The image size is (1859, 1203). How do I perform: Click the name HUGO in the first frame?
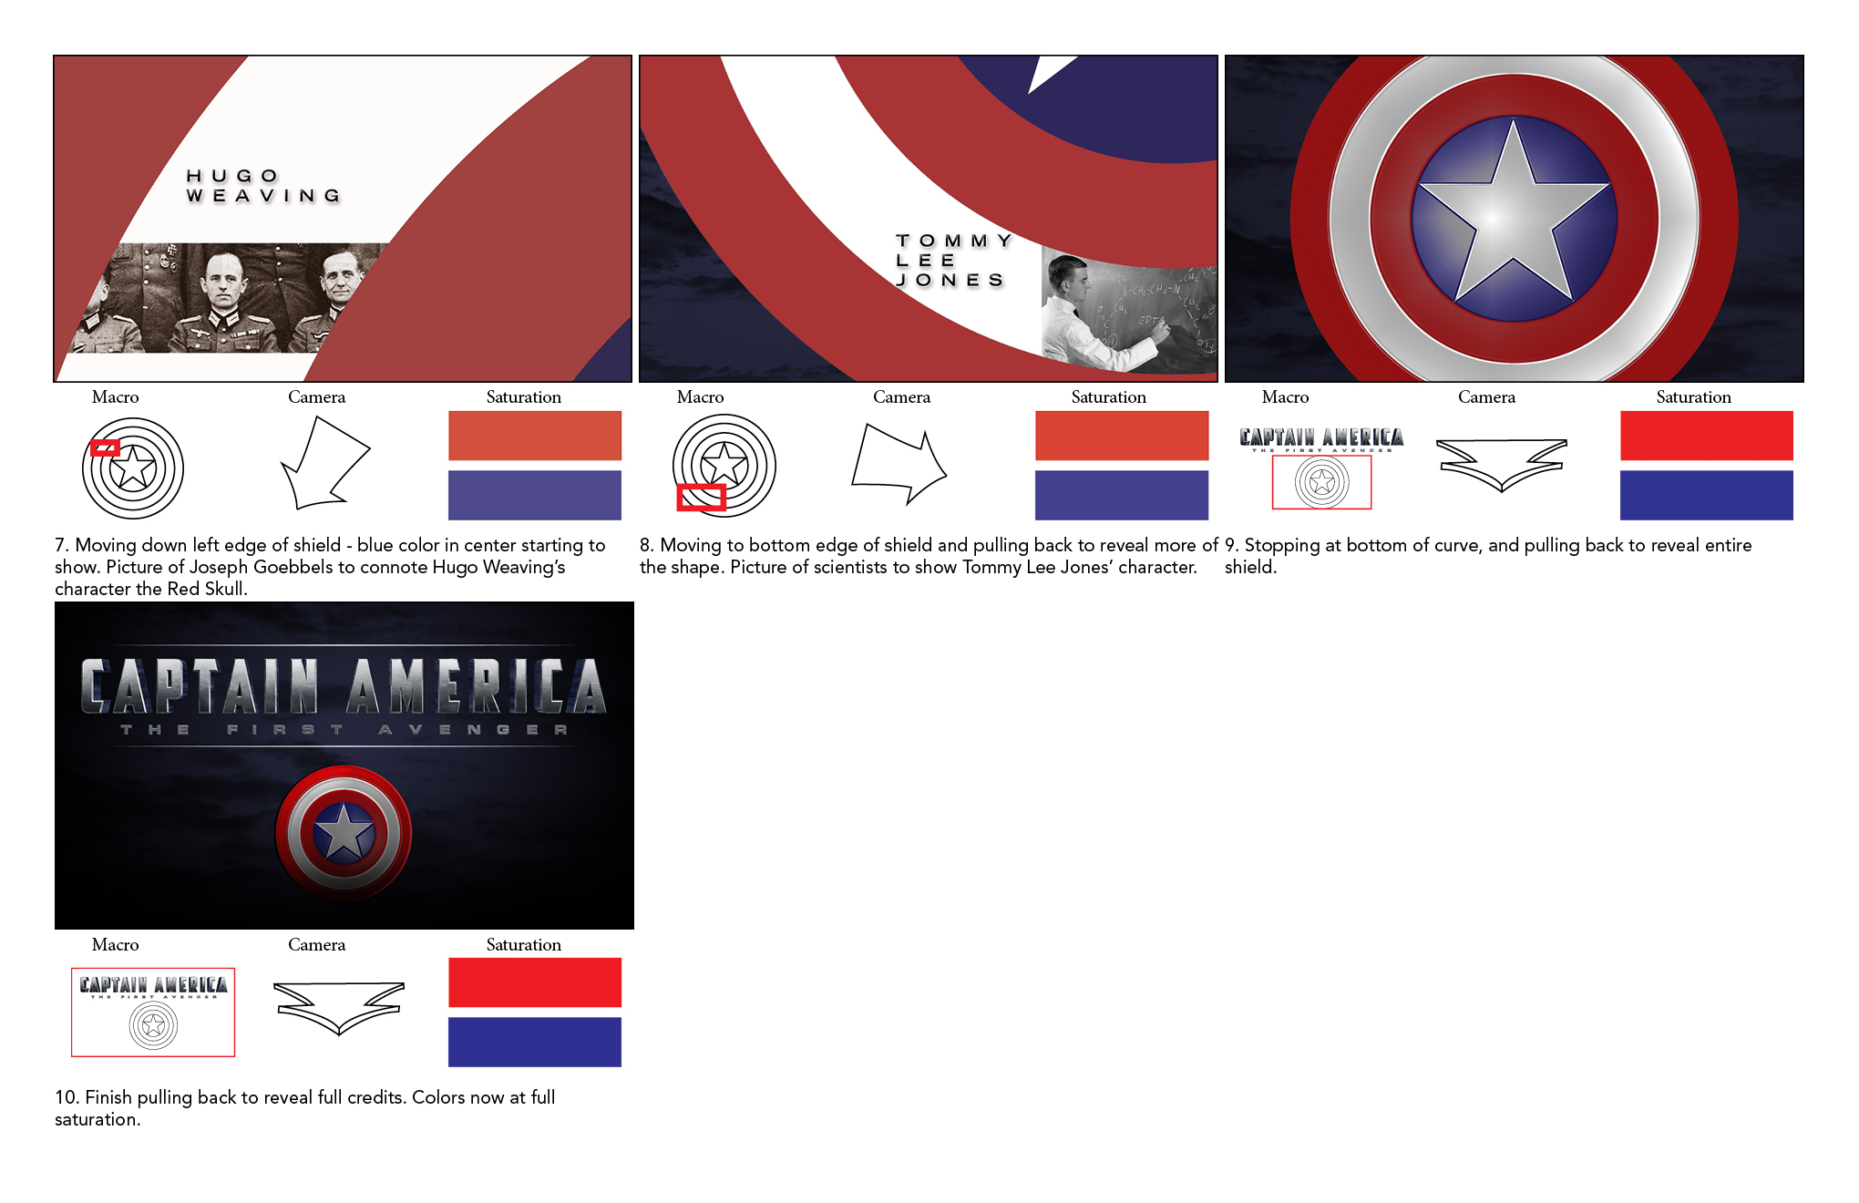[232, 176]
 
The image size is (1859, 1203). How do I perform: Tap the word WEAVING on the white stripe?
[263, 196]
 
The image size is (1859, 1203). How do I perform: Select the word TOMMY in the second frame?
[954, 241]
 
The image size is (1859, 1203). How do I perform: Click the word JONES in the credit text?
[950, 280]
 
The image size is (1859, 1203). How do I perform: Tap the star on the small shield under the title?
[344, 832]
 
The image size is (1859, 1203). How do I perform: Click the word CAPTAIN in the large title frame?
[200, 686]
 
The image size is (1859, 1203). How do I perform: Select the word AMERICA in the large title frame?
[476, 686]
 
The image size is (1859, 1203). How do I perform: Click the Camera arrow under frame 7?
[324, 462]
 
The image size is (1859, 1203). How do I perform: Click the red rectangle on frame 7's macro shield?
[106, 447]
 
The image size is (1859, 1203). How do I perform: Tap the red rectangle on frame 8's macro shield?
[702, 498]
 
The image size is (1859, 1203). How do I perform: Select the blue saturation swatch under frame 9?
[1706, 496]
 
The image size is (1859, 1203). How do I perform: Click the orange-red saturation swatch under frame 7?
[535, 436]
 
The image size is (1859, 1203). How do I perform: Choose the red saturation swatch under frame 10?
[535, 982]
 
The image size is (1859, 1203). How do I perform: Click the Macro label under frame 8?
[700, 396]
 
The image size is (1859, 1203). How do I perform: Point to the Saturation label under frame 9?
[1693, 396]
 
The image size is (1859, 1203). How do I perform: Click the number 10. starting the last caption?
[67, 1097]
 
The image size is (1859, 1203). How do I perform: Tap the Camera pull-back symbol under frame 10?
[339, 1007]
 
